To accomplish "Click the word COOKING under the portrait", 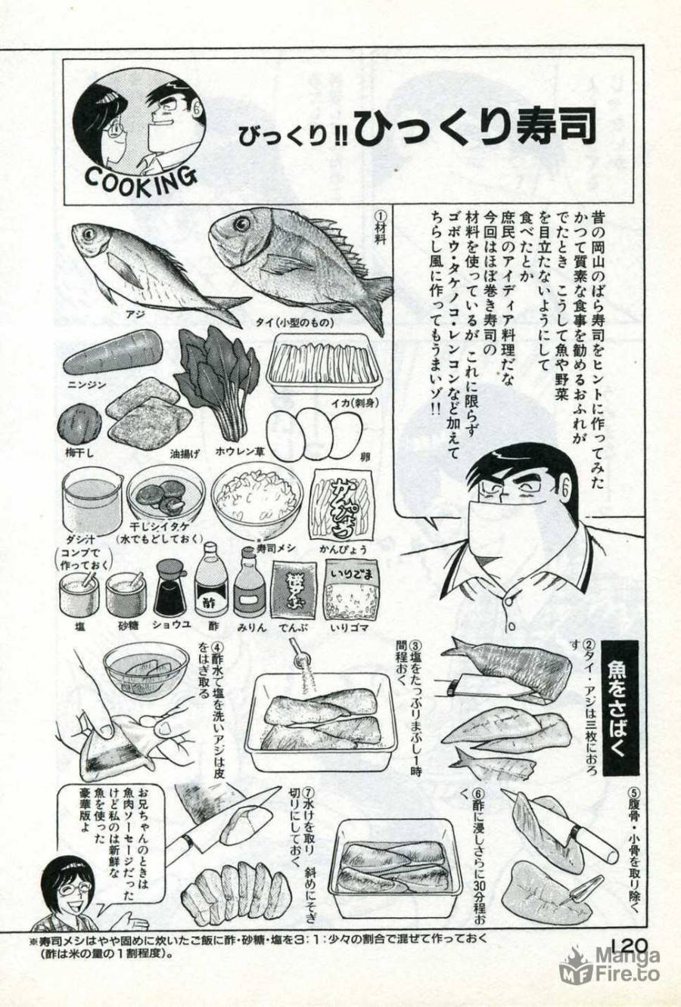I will pyautogui.click(x=141, y=179).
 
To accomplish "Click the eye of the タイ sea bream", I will pyautogui.click(x=241, y=224).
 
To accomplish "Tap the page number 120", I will pyautogui.click(x=627, y=946).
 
